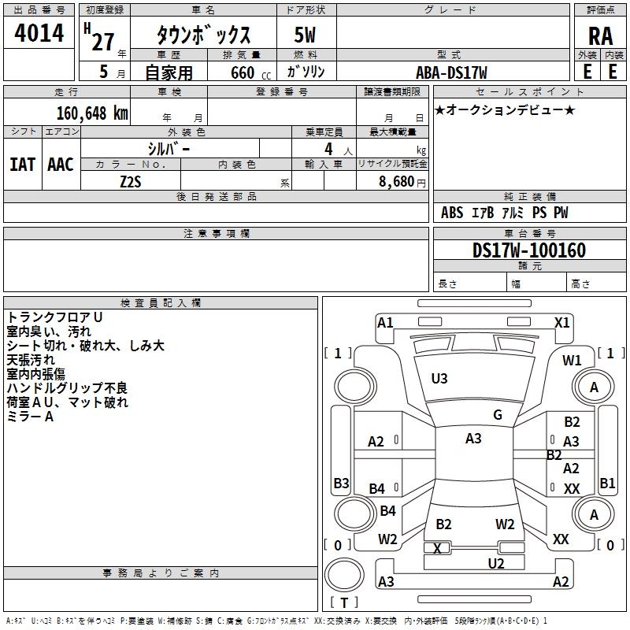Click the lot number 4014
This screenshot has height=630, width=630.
39,33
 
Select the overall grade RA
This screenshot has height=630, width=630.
600,36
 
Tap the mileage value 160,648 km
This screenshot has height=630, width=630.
92,113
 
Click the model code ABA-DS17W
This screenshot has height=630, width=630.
451,72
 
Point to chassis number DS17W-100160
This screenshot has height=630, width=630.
528,250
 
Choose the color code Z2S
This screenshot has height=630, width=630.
131,182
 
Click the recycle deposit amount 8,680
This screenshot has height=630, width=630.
397,181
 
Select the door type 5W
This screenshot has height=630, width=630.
305,35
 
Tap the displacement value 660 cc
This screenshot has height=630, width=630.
250,73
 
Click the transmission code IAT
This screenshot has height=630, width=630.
23,165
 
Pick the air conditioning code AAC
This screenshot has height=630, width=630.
61,165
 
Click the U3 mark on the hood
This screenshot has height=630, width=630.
439,379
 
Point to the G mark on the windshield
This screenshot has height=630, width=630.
498,415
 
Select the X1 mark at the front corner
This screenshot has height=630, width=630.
561,323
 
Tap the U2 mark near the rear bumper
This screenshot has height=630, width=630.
496,564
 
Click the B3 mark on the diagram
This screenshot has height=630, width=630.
341,483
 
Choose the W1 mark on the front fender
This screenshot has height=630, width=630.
572,361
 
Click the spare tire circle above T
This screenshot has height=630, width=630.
344,574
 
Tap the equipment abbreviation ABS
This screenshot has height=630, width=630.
452,213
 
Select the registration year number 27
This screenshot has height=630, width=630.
103,42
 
